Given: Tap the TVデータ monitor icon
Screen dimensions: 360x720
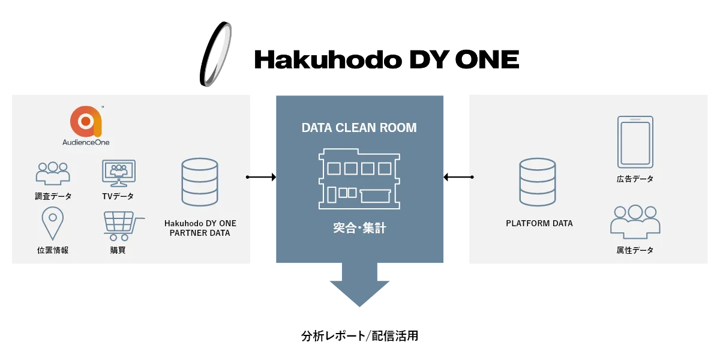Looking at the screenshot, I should (x=118, y=173).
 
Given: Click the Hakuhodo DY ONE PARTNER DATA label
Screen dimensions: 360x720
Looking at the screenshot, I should (x=200, y=228).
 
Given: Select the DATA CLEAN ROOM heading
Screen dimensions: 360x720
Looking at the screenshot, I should (x=359, y=128).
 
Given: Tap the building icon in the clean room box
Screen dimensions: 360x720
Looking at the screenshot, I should (x=359, y=179).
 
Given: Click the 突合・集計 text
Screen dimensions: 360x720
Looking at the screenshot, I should (x=359, y=228).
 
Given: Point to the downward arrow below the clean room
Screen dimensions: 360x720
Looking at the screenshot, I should (x=359, y=286).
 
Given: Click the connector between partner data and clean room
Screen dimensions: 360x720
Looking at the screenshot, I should (x=261, y=177).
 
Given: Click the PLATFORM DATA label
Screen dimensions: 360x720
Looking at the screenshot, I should (x=539, y=223).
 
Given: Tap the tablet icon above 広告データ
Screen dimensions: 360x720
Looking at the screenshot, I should (x=635, y=142).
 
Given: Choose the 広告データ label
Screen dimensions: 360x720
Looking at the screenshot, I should (x=635, y=179).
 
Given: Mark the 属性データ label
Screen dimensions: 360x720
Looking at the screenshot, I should (x=635, y=250).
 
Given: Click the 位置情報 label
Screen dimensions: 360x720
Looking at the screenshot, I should (x=53, y=250).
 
